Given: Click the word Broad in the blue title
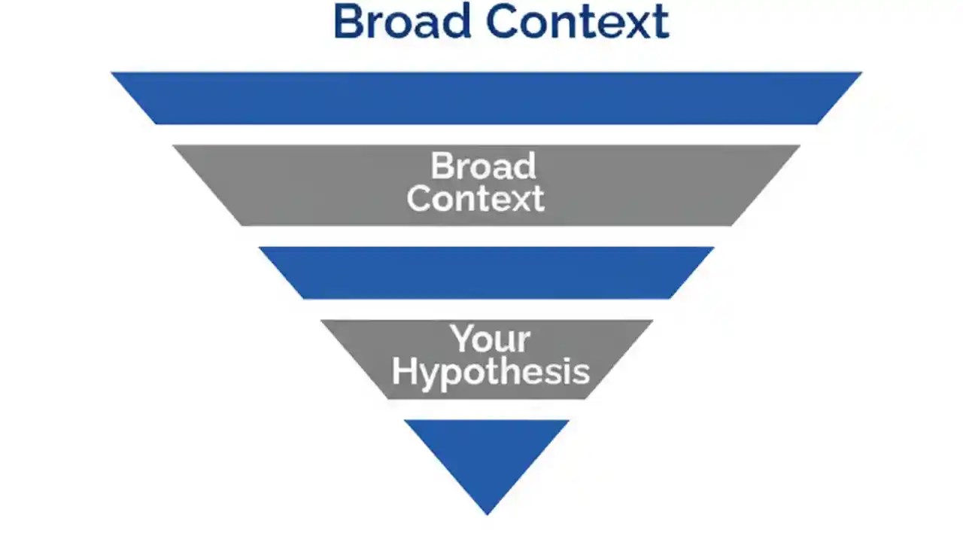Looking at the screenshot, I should (403, 22).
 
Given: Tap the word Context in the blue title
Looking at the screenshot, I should (577, 22).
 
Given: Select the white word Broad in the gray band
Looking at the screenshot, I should (483, 166).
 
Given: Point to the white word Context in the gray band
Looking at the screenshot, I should (475, 198).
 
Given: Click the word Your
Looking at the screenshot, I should (491, 340).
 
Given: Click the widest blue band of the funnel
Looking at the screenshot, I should (486, 98).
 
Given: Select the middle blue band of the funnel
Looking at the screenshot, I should (486, 273).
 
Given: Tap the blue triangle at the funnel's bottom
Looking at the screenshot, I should (487, 452).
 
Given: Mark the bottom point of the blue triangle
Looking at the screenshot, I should (487, 514).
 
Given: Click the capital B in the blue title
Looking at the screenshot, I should (348, 22).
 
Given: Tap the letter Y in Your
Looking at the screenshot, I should (460, 340).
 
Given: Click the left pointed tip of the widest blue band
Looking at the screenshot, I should (113, 74).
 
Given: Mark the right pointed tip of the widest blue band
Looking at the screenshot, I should (860, 74).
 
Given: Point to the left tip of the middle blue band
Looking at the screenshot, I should (261, 248).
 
